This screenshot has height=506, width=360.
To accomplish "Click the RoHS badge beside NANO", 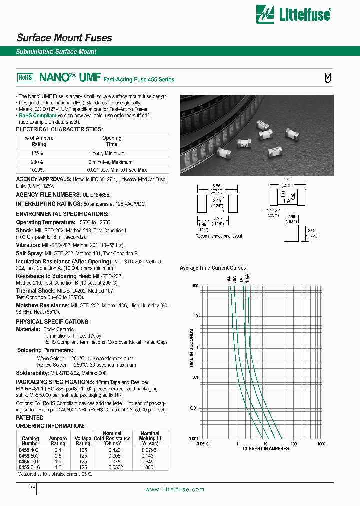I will [25, 78].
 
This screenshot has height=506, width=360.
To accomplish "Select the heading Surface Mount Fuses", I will [64, 38].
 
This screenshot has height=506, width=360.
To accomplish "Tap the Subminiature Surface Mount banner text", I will [56, 51].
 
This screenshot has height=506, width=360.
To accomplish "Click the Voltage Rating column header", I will [83, 441].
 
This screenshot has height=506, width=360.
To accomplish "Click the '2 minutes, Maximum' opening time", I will [110, 162].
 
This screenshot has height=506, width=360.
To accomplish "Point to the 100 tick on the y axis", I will [195, 286].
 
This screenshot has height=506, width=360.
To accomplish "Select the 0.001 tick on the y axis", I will [193, 438].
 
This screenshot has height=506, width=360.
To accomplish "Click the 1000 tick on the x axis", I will [321, 443].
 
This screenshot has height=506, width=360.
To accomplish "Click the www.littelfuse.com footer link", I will [174, 489].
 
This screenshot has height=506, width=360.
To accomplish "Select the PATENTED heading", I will [30, 417].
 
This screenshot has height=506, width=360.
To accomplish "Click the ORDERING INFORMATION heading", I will [50, 426].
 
